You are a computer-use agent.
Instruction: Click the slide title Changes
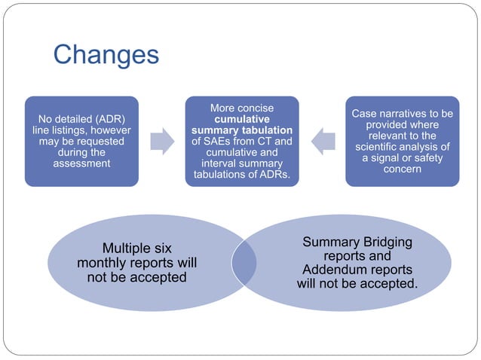point(106,54)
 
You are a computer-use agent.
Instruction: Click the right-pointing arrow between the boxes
point(161,140)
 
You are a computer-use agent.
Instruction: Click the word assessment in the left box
point(81,163)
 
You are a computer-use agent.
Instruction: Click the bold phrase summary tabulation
point(241,130)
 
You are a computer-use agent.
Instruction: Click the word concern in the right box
point(402,169)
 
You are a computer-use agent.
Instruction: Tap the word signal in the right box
point(388,157)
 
